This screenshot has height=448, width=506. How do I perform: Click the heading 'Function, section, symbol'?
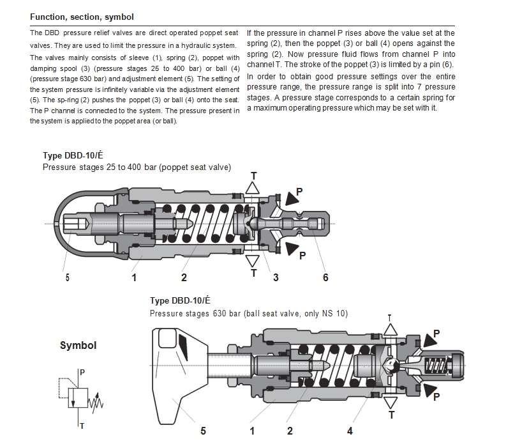click(x=82, y=17)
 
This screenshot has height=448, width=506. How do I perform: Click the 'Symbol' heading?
click(x=78, y=345)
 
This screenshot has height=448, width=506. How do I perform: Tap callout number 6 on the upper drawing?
click(x=325, y=277)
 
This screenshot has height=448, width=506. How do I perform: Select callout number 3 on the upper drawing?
click(x=276, y=277)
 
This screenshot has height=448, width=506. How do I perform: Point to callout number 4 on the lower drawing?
click(x=350, y=431)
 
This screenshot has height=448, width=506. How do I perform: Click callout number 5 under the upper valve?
click(x=67, y=277)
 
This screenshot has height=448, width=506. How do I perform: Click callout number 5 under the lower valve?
click(x=203, y=431)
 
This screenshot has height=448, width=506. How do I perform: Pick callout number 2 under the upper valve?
click(x=184, y=277)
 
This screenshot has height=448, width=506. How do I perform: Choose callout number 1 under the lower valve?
click(x=252, y=431)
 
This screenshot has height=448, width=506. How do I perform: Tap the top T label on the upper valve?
click(x=253, y=175)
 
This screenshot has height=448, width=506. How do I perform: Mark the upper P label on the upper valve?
click(x=299, y=190)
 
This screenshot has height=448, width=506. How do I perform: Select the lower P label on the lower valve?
click(x=436, y=397)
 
